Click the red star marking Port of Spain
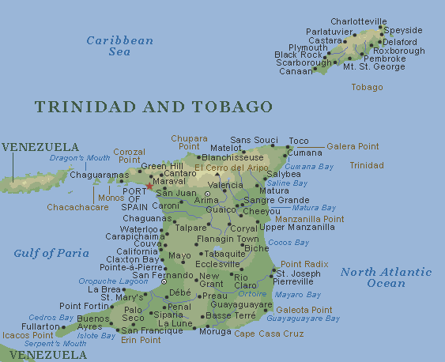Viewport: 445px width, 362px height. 149,187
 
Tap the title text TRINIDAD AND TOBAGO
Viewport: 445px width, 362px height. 154,107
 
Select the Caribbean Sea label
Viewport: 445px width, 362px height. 119,46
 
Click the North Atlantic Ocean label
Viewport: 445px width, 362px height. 386,277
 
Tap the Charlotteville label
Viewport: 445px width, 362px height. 359,21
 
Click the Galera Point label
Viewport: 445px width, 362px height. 353,146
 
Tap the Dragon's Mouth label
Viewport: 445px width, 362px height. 80,158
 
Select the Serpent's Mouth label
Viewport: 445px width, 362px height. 55,344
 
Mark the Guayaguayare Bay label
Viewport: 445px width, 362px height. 303,319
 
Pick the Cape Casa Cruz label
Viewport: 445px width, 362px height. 270,334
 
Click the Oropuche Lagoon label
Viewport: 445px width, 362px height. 112,281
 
